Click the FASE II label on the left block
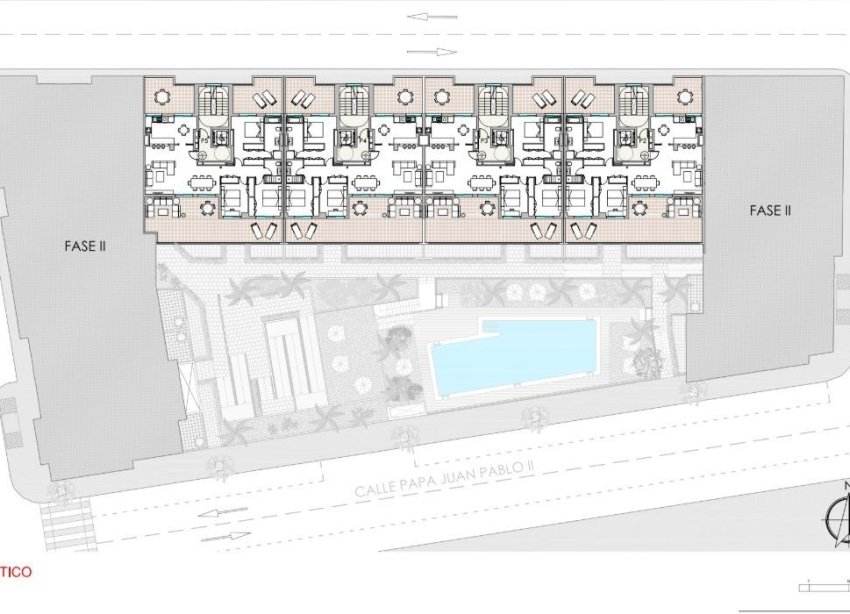83,243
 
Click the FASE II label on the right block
770,211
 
